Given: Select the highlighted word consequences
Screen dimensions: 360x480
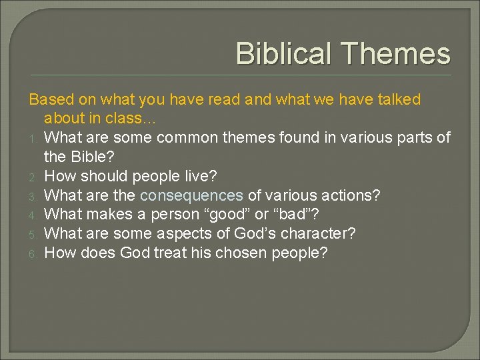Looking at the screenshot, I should pyautogui.click(x=191, y=195).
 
